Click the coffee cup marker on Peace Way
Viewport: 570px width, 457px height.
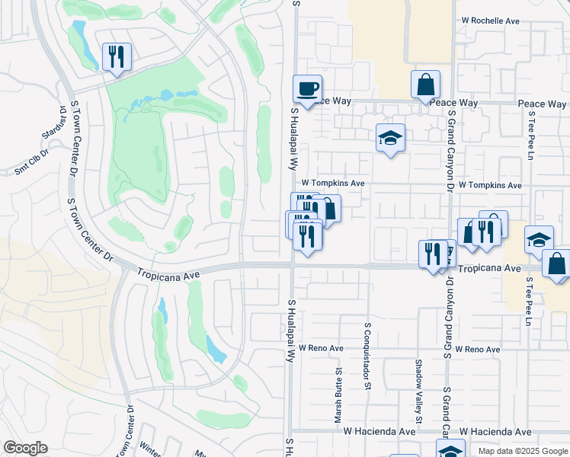click(x=307, y=89)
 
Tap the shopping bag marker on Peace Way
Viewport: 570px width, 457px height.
click(x=425, y=85)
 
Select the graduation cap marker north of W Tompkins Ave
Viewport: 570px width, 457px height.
click(x=390, y=139)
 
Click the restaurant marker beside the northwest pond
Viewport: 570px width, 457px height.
click(x=117, y=56)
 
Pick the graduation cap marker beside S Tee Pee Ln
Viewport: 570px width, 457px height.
click(x=539, y=239)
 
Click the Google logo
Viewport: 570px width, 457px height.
click(x=25, y=448)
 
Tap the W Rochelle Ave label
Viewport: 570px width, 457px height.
click(x=490, y=21)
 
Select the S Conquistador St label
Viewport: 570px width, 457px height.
click(x=367, y=356)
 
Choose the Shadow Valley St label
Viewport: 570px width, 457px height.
click(x=418, y=391)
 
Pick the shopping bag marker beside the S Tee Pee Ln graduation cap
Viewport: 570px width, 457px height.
click(x=557, y=264)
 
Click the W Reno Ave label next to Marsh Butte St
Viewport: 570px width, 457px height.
click(x=321, y=347)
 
